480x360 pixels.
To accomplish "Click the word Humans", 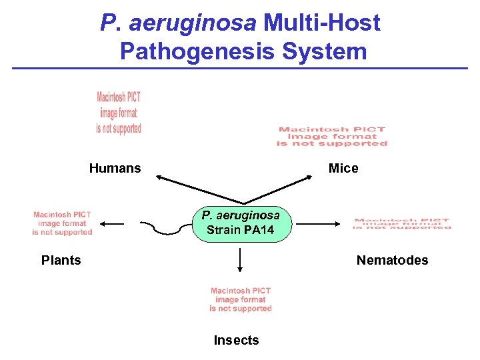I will click(x=115, y=168).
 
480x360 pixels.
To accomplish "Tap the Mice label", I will click(x=343, y=168).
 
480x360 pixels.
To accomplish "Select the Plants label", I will click(x=61, y=260).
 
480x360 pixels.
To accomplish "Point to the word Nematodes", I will click(x=392, y=260).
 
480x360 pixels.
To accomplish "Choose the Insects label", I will click(x=236, y=340).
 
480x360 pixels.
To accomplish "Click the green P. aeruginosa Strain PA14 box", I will click(x=240, y=223).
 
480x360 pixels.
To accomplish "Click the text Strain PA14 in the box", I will click(x=240, y=231).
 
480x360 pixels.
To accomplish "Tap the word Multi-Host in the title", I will click(x=321, y=23).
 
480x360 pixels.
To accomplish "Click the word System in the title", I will click(x=331, y=51).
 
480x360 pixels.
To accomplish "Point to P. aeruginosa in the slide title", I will click(x=178, y=23).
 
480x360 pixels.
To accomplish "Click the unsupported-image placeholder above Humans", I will click(x=119, y=113).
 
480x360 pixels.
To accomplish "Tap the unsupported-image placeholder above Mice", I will click(x=332, y=137).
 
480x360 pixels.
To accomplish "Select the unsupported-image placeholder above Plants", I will click(x=62, y=223).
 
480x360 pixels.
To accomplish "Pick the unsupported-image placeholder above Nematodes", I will click(x=402, y=224).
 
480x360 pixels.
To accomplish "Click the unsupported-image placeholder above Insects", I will click(x=240, y=299).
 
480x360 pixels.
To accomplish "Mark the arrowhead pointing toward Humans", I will click(x=159, y=177).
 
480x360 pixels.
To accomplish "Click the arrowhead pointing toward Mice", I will click(x=309, y=177).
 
